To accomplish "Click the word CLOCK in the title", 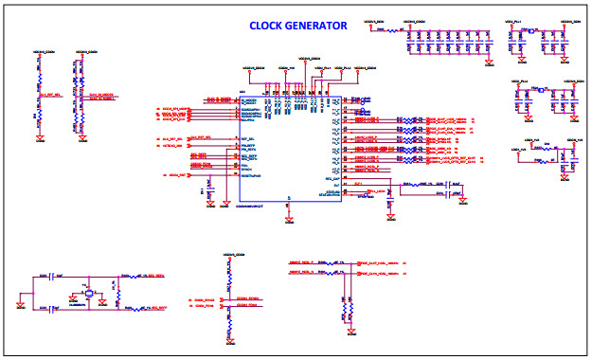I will (269, 26).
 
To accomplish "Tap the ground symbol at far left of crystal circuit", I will (22, 306).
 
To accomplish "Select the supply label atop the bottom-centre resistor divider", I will (233, 257).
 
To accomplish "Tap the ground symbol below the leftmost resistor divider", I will (40, 138).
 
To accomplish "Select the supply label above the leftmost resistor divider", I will (40, 52).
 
